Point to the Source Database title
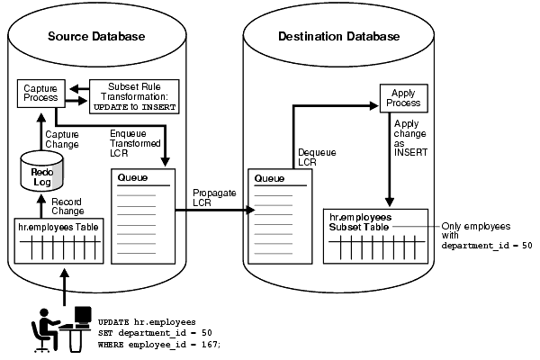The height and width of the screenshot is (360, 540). pos(95,37)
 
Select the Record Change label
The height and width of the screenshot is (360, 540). pos(67,206)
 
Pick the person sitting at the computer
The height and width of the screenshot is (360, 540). pos(47,328)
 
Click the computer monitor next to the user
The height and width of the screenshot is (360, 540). pos(82,317)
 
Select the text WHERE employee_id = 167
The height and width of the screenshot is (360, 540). pos(158,345)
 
